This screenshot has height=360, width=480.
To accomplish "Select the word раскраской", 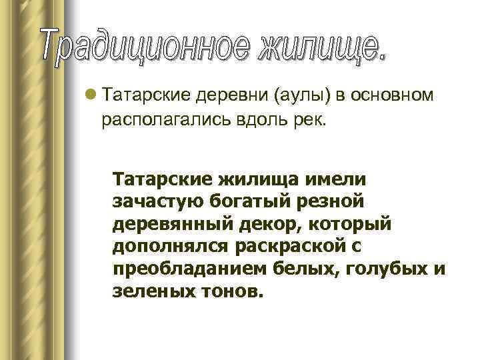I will click(x=287, y=247).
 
